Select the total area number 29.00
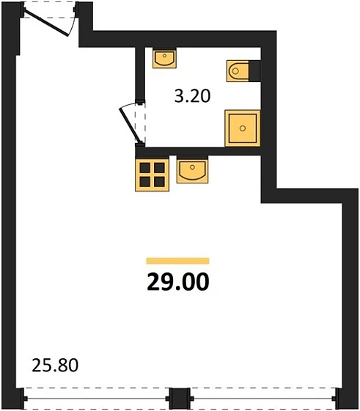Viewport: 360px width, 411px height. (x=178, y=281)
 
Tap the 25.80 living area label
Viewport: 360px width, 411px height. (x=55, y=364)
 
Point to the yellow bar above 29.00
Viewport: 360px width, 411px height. (x=178, y=261)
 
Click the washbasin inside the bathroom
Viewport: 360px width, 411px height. (x=165, y=57)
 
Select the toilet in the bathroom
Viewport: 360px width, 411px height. (x=240, y=70)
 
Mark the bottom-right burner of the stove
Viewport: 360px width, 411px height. (x=157, y=181)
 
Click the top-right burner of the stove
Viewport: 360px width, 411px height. (x=157, y=167)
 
